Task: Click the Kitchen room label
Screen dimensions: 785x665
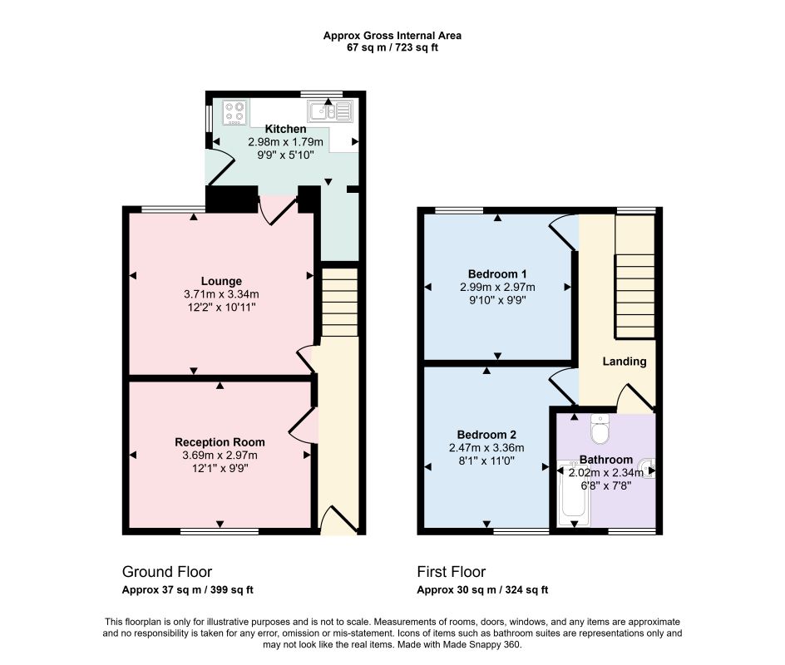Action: pyautogui.click(x=285, y=129)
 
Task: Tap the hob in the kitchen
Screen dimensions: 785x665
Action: pyautogui.click(x=235, y=112)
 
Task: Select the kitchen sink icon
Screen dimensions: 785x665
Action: pyautogui.click(x=330, y=111)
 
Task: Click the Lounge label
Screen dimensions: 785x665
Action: pyautogui.click(x=221, y=281)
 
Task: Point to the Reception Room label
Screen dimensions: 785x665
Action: pyautogui.click(x=220, y=442)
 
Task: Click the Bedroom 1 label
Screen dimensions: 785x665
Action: pyautogui.click(x=497, y=274)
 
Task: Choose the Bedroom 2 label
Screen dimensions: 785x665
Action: pyautogui.click(x=486, y=435)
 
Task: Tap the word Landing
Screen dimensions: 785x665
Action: pyautogui.click(x=625, y=362)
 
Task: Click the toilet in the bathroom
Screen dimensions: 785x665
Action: pyautogui.click(x=600, y=428)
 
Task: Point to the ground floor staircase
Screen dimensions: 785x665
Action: pyautogui.click(x=339, y=303)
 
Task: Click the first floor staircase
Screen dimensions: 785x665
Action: pyautogui.click(x=634, y=296)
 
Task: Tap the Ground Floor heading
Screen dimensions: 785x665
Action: pyautogui.click(x=167, y=571)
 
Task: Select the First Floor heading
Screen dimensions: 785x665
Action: pyautogui.click(x=452, y=571)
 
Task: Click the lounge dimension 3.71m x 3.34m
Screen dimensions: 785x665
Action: pyautogui.click(x=221, y=294)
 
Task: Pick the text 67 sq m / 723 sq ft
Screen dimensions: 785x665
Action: pyautogui.click(x=392, y=48)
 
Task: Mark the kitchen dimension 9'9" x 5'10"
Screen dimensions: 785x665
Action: pyautogui.click(x=285, y=155)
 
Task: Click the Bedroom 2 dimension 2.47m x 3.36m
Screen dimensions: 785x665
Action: pyautogui.click(x=486, y=448)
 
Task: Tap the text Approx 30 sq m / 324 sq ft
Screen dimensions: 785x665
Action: pyautogui.click(x=482, y=590)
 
